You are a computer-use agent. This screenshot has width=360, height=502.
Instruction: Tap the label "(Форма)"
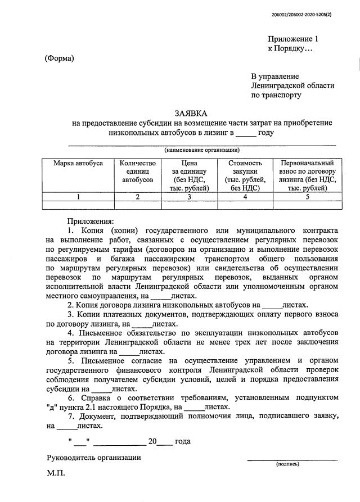point(60,58)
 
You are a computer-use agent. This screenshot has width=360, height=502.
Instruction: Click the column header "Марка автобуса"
point(78,163)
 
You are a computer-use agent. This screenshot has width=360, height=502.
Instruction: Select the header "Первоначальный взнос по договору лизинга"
point(307,175)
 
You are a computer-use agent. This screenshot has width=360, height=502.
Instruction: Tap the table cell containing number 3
point(190,197)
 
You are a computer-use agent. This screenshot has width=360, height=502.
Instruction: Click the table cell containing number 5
point(307,197)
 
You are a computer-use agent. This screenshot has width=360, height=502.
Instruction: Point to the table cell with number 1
point(78,197)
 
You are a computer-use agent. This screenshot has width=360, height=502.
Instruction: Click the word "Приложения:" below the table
point(91,221)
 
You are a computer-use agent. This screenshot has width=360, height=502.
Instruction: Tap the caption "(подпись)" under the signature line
point(287,464)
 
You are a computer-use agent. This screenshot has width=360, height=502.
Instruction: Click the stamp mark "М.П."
point(56,473)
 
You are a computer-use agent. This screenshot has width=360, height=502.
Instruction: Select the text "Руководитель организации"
point(93,457)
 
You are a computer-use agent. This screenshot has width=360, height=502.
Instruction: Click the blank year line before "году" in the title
point(245,134)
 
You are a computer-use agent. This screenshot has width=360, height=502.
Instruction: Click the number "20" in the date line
point(151,441)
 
